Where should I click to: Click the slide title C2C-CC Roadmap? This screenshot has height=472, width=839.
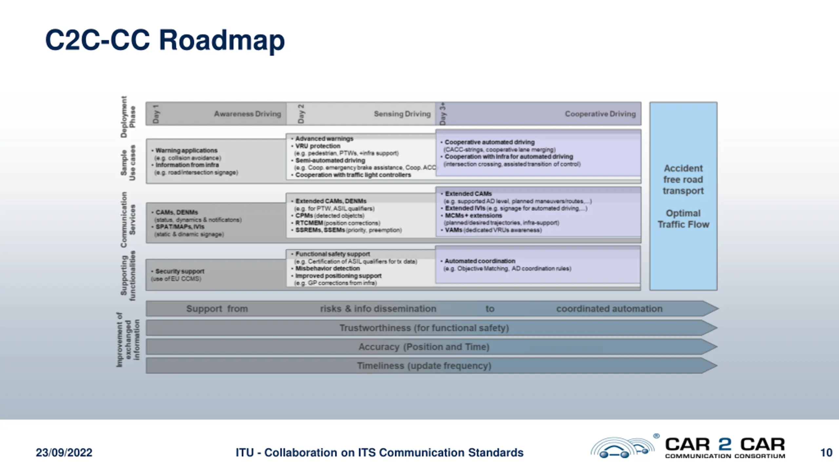[165, 40]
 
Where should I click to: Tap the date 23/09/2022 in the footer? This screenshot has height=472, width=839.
[64, 453]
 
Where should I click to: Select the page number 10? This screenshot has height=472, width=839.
[826, 453]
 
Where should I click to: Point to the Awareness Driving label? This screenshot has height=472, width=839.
[247, 114]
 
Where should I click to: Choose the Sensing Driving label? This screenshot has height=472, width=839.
[402, 114]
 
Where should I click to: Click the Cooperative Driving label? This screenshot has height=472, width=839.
[600, 114]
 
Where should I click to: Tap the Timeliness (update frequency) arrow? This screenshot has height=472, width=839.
[424, 366]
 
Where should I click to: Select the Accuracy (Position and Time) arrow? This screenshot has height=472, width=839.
[424, 347]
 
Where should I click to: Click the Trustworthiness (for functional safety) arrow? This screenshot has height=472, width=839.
[424, 328]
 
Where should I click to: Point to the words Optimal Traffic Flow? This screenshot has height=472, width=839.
[683, 219]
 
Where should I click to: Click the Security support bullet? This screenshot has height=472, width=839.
[180, 271]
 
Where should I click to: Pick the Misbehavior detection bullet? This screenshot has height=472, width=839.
[327, 268]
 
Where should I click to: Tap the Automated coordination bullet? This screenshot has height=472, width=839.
[480, 261]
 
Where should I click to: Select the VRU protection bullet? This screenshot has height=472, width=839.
[318, 146]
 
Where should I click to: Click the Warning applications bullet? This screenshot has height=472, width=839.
[186, 150]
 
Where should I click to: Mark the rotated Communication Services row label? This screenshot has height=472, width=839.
[128, 220]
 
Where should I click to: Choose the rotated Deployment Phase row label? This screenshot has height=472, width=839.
[128, 117]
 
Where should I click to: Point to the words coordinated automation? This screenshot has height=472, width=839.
[609, 309]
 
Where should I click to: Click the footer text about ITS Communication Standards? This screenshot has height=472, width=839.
[380, 453]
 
